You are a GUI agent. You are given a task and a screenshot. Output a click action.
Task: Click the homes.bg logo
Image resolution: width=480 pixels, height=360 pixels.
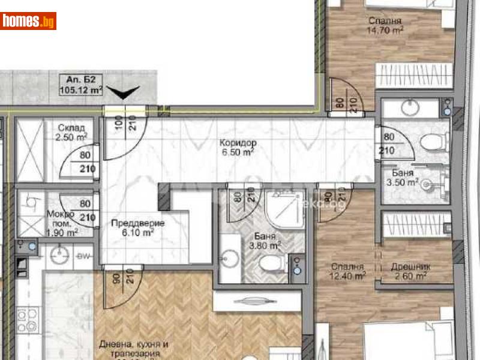click(x=29, y=22)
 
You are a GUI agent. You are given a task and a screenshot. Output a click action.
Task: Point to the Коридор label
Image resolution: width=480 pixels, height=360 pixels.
click(x=238, y=143)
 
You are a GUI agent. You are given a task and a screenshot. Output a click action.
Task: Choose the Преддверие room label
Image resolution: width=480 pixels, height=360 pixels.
click(x=137, y=223)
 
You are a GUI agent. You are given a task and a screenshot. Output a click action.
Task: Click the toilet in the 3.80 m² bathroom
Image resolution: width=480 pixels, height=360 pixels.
click(x=268, y=263)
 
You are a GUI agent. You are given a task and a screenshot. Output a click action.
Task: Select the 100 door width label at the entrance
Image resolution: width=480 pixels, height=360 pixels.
click(x=118, y=127)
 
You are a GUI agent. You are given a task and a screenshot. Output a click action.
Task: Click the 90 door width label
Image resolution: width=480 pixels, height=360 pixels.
click(x=116, y=278)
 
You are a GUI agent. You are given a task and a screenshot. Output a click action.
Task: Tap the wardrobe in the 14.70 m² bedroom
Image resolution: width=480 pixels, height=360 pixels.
click(x=412, y=76)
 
